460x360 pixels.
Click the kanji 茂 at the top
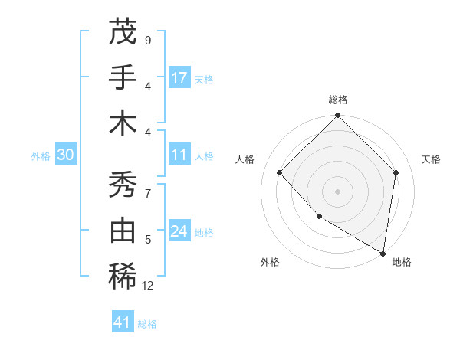coord(123,32)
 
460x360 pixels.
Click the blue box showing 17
coord(179,78)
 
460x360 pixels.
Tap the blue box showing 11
coord(179,155)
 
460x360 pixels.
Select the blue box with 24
coord(179,232)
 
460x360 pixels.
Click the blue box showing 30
coord(65,155)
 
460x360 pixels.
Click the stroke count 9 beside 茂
coord(147,40)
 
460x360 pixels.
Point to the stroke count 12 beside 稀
coord(148,286)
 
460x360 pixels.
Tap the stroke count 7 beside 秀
coord(147,194)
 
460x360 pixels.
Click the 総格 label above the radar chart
coord(338,100)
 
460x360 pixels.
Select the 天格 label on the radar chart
coord(431,159)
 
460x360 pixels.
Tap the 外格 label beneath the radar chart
coord(270,262)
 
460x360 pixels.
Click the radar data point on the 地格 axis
coord(383,253)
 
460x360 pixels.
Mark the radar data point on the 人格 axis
coord(280,173)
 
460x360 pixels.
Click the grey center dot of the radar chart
coord(337,191)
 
